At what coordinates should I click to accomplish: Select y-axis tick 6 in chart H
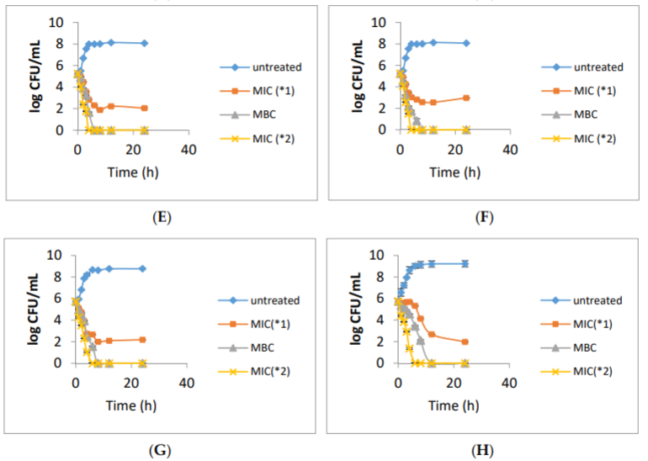pos(386,299)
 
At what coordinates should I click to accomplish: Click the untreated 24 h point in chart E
pos(144,43)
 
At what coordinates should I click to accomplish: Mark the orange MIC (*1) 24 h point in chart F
pos(466,98)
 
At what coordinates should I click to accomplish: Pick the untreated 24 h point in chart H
pos(465,263)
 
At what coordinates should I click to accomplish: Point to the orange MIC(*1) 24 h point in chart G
pos(142,340)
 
